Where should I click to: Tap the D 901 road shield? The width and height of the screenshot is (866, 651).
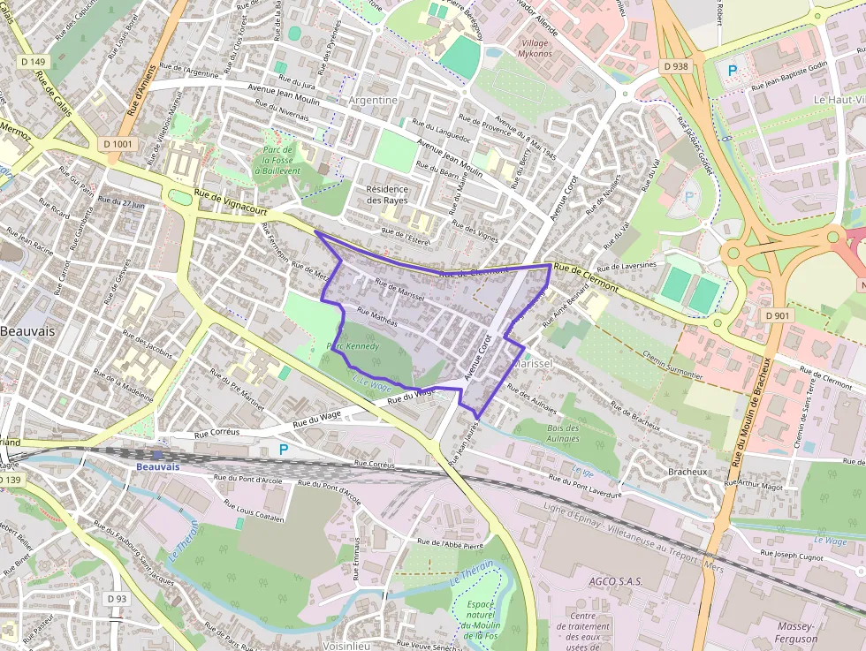779,315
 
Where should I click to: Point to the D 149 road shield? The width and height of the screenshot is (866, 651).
33,61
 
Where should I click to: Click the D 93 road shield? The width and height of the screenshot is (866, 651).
118,599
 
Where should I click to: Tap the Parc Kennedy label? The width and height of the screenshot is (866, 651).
353,346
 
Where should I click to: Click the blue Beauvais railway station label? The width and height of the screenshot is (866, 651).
158,466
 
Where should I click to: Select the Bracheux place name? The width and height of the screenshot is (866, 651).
687,472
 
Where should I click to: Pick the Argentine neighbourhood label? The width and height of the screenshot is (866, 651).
374,100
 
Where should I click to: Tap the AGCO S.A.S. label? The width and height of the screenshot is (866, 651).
615,582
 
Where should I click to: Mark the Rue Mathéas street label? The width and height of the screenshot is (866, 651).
377,317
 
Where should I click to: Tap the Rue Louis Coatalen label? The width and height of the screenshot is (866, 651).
254,511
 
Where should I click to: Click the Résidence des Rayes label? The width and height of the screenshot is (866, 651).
387,194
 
